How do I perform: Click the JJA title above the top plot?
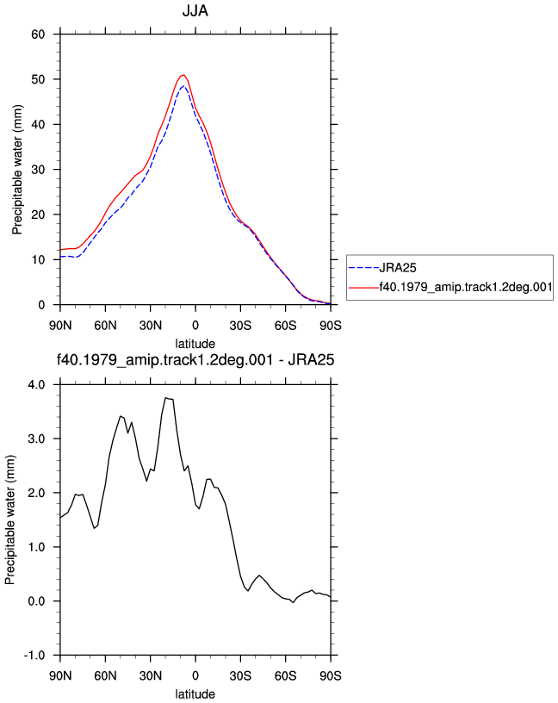tap(195, 10)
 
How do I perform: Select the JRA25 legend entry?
tap(382, 268)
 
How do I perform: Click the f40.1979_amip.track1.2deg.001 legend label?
tap(466, 287)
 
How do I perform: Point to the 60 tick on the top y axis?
tap(38, 34)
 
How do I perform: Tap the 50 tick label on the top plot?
tap(38, 79)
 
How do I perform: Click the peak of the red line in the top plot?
tap(183, 75)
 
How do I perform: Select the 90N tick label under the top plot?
tap(60, 325)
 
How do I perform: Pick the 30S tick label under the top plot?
tap(240, 325)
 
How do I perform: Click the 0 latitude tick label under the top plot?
tap(195, 325)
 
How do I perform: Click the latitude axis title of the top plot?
tap(195, 344)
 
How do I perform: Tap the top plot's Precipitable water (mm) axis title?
tap(17, 170)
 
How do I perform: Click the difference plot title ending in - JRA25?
tap(195, 360)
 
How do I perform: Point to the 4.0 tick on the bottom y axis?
tap(36, 385)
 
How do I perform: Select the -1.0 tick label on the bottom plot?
tap(34, 655)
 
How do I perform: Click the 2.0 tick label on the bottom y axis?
tap(36, 493)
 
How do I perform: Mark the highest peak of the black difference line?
tap(166, 398)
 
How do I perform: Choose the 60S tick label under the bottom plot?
tap(286, 675)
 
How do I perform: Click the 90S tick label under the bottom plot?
tap(331, 675)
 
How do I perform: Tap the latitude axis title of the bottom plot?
tap(195, 694)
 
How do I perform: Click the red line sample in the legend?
tap(363, 288)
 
